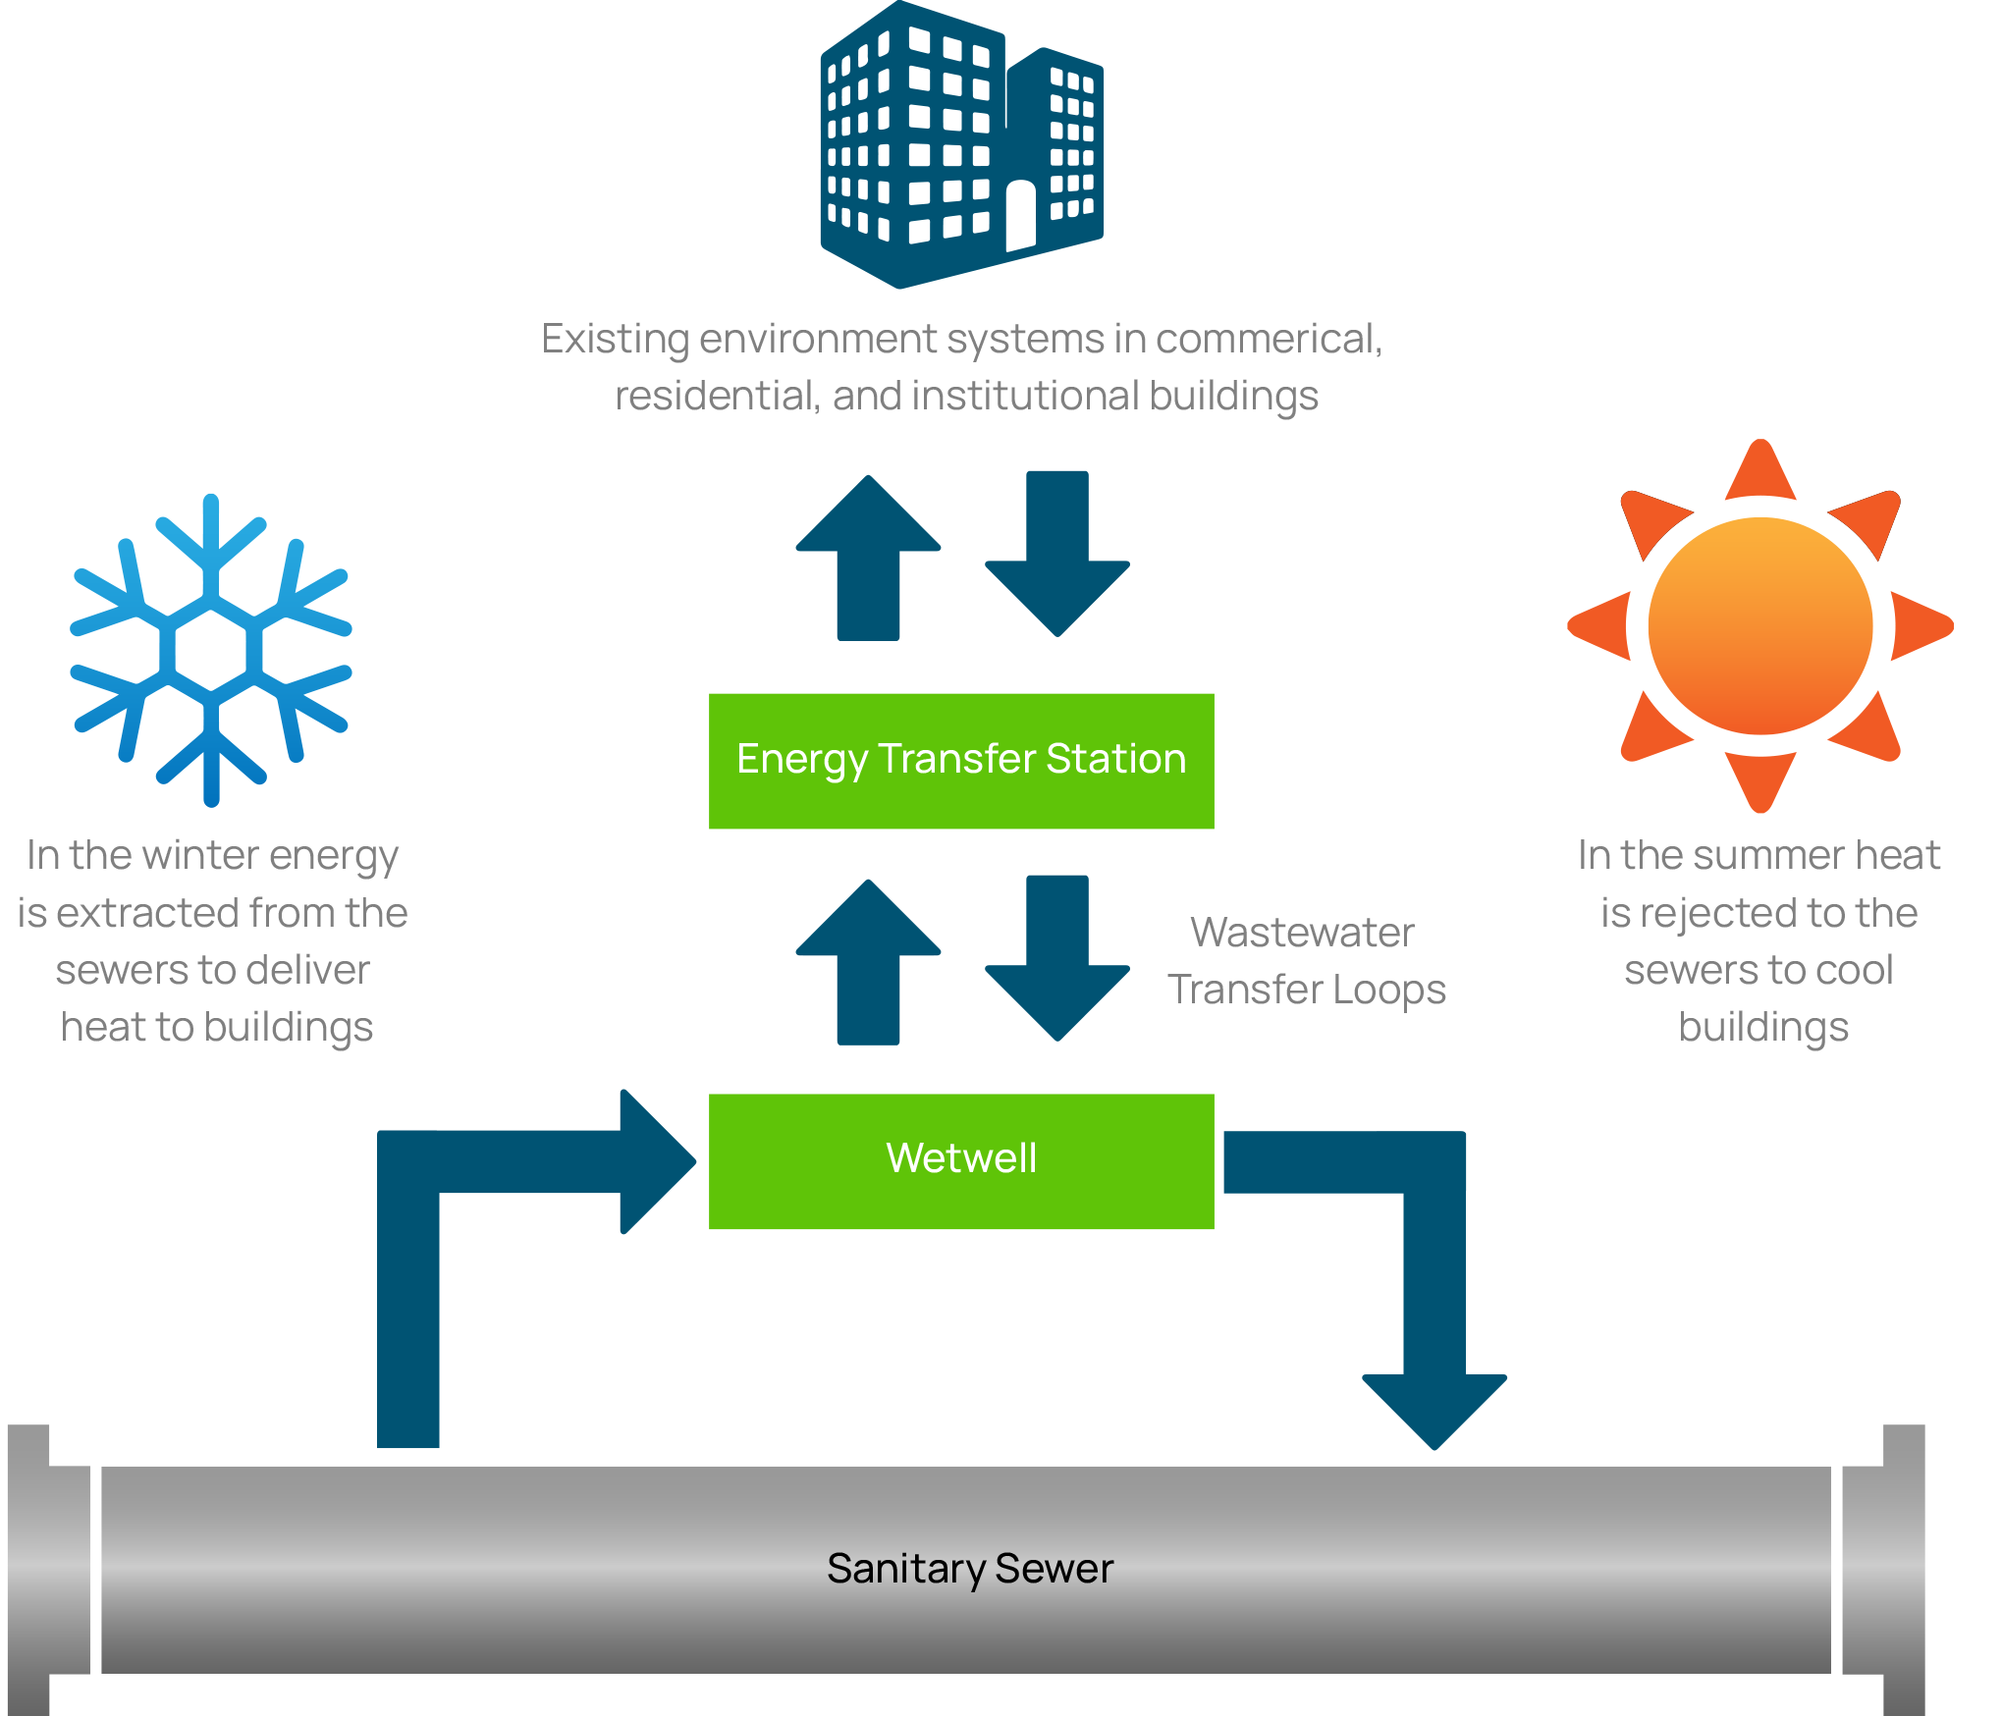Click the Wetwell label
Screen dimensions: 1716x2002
[961, 1158]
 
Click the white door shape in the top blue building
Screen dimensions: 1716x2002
[1020, 215]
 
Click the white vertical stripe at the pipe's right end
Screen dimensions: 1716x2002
[1836, 1581]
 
